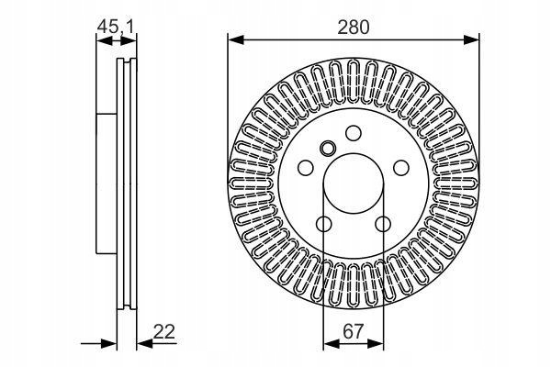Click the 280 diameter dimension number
click(x=354, y=28)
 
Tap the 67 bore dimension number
click(x=353, y=331)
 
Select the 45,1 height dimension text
click(x=116, y=27)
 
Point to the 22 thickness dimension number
click(x=164, y=331)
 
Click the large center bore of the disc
click(x=354, y=183)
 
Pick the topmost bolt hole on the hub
click(x=354, y=133)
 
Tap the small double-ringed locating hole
click(x=328, y=148)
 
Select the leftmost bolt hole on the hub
click(x=306, y=168)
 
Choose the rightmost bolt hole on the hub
click(x=401, y=168)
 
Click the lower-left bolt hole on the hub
click(x=323, y=224)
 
